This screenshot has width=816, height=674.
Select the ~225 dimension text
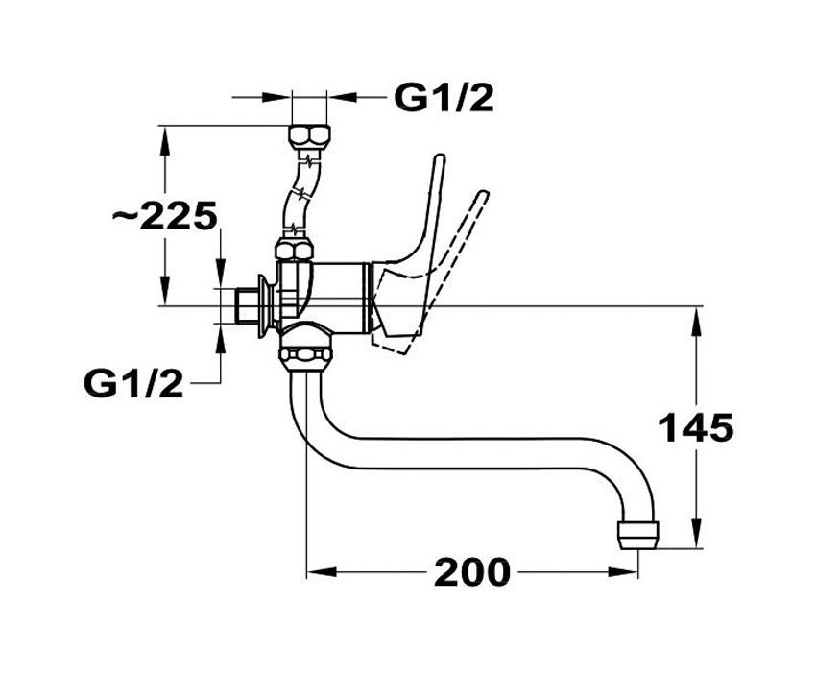[164, 216]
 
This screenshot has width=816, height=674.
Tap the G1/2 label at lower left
[133, 384]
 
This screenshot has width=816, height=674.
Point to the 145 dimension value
[695, 427]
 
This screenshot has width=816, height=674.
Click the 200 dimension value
[472, 572]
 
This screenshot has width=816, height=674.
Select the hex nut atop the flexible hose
[308, 134]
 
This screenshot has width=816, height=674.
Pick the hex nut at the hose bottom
[293, 249]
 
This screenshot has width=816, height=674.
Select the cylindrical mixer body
[341, 293]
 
